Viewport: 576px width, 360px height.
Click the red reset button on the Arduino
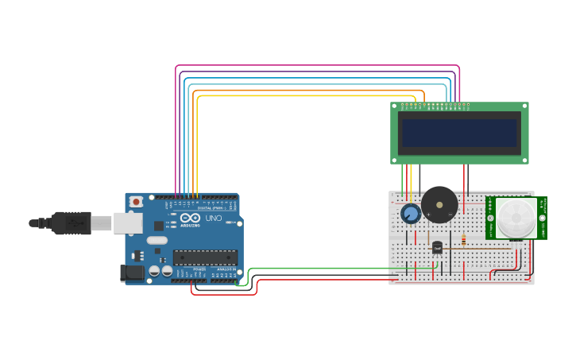click(x=137, y=202)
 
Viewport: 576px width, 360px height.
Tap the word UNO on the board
click(x=214, y=218)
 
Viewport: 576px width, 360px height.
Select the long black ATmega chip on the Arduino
click(x=205, y=257)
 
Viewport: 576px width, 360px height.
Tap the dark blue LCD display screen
click(x=460, y=133)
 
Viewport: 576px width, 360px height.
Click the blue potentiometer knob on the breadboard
click(x=410, y=214)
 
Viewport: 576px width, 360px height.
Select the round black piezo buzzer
click(x=439, y=205)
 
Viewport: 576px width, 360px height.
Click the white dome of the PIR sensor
click(x=516, y=218)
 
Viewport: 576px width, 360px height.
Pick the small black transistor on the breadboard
click(x=437, y=247)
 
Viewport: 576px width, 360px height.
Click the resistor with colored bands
click(x=464, y=239)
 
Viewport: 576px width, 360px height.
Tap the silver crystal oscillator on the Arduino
click(x=157, y=240)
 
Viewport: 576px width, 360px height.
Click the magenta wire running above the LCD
click(x=318, y=66)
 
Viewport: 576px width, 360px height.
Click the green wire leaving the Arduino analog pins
click(x=318, y=269)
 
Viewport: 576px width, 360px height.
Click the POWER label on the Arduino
click(x=199, y=269)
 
